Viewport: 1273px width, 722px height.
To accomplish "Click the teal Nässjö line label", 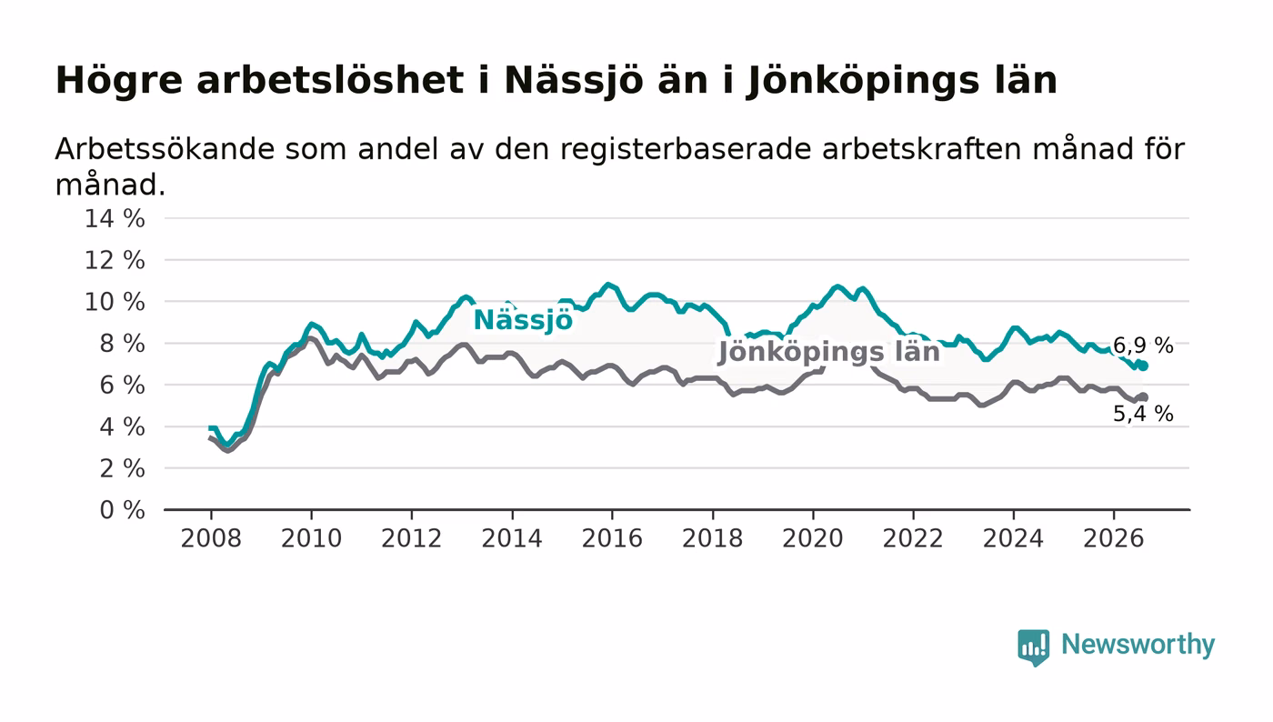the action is tap(523, 320).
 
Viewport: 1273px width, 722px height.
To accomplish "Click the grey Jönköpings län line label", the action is tap(829, 352).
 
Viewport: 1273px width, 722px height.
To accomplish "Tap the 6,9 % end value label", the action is tap(1143, 345).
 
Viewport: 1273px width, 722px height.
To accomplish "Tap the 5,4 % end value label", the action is tap(1143, 414).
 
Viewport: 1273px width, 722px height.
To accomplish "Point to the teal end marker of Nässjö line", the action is tap(1144, 366).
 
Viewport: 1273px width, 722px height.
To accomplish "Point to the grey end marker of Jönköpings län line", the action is tap(1144, 397).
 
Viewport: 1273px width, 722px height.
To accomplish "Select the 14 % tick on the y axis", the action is tap(115, 218).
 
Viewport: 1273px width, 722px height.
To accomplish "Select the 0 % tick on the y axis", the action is tap(122, 510).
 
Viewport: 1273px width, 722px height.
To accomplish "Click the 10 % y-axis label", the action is tap(115, 302).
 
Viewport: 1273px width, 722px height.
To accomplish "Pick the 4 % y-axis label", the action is tap(122, 427).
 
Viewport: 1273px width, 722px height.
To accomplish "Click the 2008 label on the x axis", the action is tap(211, 538).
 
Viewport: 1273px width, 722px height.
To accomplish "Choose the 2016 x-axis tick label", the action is tap(612, 538).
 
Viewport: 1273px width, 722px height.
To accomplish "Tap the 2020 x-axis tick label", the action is tap(813, 538).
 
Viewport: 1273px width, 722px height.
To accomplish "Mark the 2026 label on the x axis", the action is tap(1113, 538).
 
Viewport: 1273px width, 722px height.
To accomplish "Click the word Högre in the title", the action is tap(119, 81).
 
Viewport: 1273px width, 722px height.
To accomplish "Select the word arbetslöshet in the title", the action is tap(330, 80).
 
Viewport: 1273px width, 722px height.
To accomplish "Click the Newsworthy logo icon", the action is tap(1033, 647).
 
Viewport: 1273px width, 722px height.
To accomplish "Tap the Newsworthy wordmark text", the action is tap(1138, 646).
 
